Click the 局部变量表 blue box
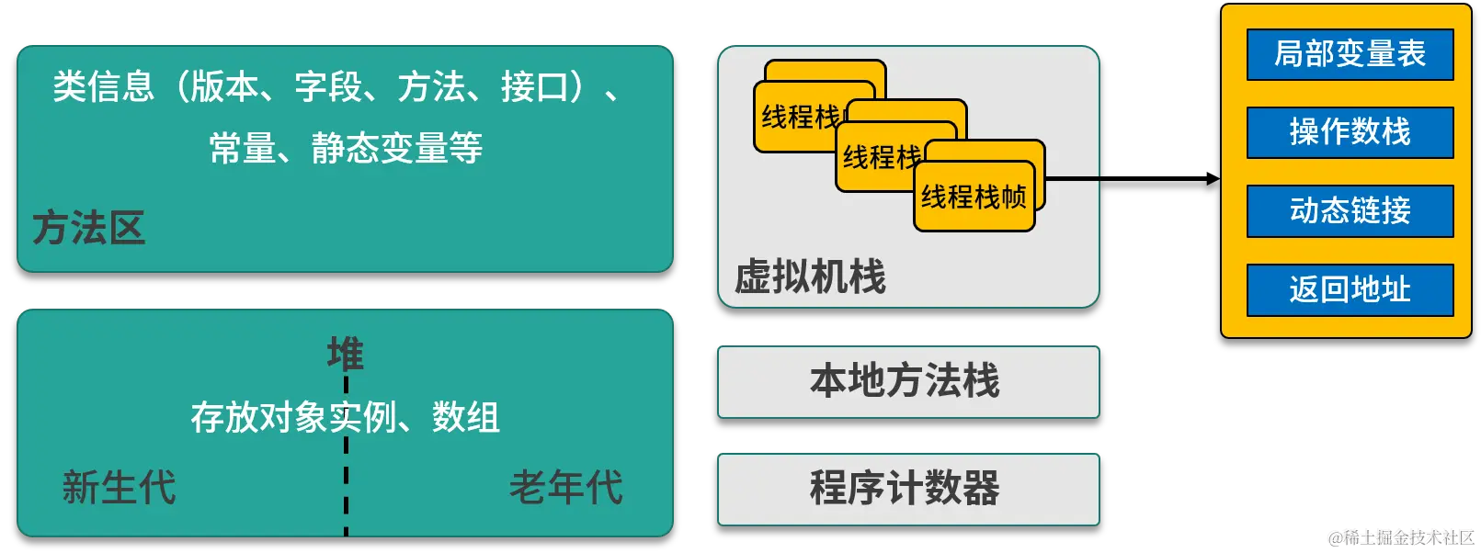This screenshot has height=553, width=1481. (1350, 55)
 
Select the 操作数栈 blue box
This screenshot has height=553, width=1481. (1350, 132)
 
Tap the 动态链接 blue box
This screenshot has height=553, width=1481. (1350, 211)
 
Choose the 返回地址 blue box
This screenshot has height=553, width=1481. (1350, 290)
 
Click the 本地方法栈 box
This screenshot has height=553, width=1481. (907, 381)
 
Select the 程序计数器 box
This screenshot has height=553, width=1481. (907, 488)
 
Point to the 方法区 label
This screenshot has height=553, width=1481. (89, 228)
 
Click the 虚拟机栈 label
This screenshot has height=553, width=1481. (810, 276)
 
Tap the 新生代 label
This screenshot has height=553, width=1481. (119, 487)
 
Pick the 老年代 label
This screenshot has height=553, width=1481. (566, 487)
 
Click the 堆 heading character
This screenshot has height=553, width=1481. (346, 353)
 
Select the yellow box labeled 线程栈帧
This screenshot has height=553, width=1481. (974, 197)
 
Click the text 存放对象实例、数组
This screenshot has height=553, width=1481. (346, 418)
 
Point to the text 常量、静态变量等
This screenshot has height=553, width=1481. (346, 148)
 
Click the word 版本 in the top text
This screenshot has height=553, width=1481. (225, 87)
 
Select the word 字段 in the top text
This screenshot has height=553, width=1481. (328, 87)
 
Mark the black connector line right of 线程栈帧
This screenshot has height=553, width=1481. (1073, 178)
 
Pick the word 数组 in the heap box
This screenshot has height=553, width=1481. (466, 418)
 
